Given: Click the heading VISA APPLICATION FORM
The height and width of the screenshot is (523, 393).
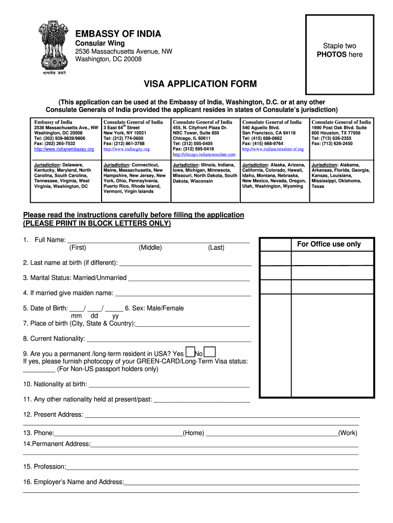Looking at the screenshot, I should [x=192, y=83].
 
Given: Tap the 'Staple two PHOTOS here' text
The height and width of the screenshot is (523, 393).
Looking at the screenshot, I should [x=339, y=50].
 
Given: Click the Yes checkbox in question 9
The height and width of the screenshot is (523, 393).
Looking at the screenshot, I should [x=190, y=352].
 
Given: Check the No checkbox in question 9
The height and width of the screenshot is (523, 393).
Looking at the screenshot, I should [x=209, y=352].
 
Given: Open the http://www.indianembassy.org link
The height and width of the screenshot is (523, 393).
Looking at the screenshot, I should [x=64, y=149].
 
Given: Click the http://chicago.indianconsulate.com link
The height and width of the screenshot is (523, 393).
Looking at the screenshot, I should [x=204, y=154].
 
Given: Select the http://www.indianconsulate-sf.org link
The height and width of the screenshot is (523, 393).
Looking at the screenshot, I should [x=273, y=149].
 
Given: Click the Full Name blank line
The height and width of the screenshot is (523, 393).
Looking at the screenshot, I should [x=158, y=240].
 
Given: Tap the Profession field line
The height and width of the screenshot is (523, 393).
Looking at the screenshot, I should [x=212, y=467].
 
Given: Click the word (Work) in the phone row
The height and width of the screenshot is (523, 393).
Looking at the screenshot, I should [x=348, y=433].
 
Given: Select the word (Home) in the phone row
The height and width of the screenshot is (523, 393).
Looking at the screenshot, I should [x=193, y=433].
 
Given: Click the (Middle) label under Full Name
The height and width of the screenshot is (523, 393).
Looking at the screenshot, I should [x=150, y=248].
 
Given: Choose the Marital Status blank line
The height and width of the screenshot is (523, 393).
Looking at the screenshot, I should [x=189, y=278].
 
